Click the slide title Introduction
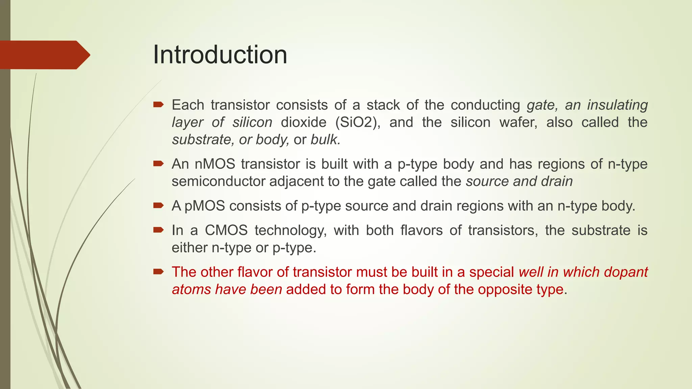(220, 55)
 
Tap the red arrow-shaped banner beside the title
(44, 55)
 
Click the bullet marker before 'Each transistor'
(158, 105)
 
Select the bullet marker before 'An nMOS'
(158, 164)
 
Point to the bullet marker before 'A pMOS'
(158, 205)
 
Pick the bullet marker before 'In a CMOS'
(158, 230)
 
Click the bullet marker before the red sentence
(158, 272)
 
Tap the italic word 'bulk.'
(325, 139)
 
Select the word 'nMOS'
(215, 164)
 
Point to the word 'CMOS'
(226, 231)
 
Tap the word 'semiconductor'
(219, 181)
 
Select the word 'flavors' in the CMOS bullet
(421, 231)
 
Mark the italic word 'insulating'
(617, 105)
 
